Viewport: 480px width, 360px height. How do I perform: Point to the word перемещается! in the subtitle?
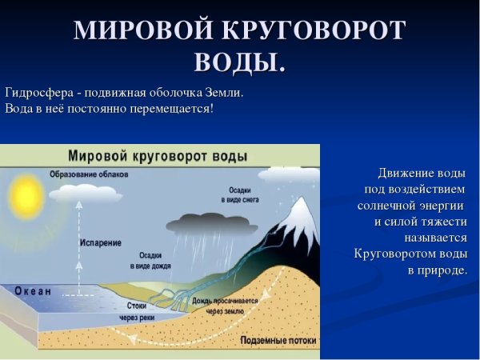pyautogui.click(x=174, y=108)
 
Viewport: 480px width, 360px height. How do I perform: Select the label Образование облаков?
pyautogui.click(x=83, y=174)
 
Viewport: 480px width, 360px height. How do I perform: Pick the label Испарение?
pyautogui.click(x=101, y=241)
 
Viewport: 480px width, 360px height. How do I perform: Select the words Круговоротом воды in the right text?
pyautogui.click(x=410, y=254)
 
